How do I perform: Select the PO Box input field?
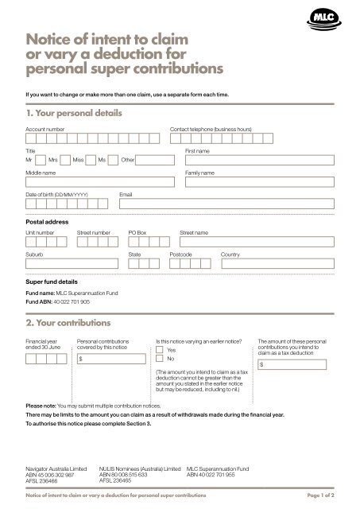(x=149, y=243)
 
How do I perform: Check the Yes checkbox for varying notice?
(x=161, y=349)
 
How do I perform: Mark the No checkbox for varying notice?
(x=161, y=359)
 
